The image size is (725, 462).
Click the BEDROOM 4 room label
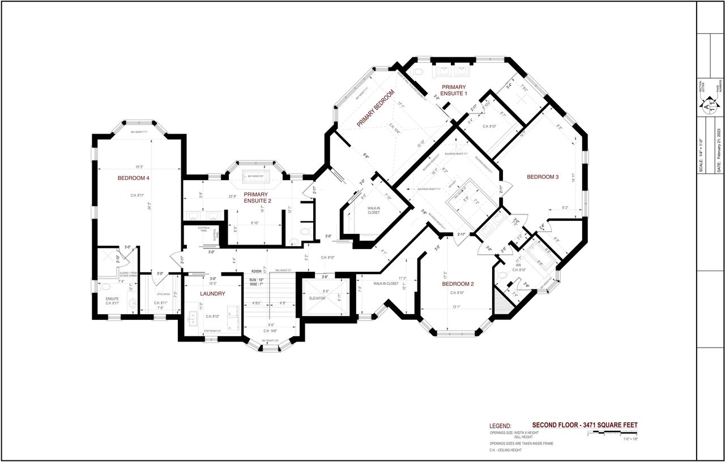coord(134,178)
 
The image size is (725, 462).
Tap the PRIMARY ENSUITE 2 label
coord(256,198)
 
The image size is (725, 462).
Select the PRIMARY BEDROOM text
coord(375,108)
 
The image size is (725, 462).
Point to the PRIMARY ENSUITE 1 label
coord(454,90)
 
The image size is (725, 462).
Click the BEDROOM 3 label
coord(543,177)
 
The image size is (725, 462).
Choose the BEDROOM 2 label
coord(458,284)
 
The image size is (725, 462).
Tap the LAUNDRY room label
coord(212,294)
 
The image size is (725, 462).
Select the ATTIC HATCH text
coord(163,294)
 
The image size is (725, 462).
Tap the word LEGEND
coord(500,426)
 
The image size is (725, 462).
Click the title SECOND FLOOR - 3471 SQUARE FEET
coord(588,425)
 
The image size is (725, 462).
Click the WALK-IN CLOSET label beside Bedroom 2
coord(386,284)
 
